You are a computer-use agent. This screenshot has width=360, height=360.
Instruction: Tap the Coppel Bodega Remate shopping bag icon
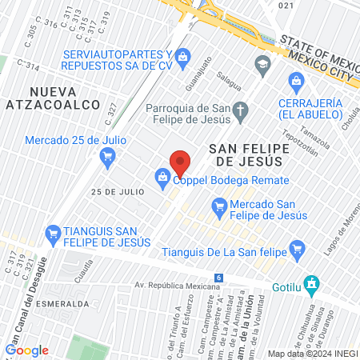click(162, 177)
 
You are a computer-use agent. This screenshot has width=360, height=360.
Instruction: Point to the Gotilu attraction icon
click(313, 284)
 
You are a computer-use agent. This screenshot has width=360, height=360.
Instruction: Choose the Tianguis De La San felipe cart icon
click(298, 248)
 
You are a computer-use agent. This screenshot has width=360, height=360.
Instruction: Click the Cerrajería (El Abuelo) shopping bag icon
click(297, 80)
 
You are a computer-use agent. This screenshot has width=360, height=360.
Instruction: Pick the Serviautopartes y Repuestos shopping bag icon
click(183, 55)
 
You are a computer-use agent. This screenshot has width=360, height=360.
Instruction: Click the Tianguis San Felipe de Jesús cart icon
click(54, 234)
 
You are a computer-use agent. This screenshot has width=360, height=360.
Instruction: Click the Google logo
click(27, 350)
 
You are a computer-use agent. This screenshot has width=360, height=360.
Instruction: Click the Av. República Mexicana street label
click(170, 285)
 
